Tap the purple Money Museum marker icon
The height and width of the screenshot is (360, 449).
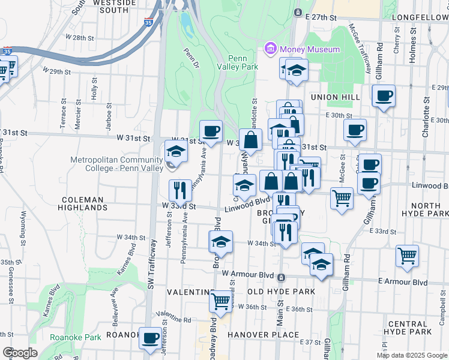click(x=270, y=49)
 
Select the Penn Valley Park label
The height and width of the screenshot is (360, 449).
click(x=243, y=62)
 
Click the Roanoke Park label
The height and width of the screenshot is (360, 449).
click(x=76, y=337)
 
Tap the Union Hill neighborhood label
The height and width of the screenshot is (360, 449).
click(x=335, y=97)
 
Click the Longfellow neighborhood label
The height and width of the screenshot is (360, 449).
click(x=420, y=17)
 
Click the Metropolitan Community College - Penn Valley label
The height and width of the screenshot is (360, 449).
click(x=116, y=164)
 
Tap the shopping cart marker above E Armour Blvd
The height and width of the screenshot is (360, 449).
click(x=407, y=255)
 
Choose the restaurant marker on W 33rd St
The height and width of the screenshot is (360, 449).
click(x=179, y=190)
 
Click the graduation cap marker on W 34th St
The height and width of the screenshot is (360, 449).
click(x=221, y=242)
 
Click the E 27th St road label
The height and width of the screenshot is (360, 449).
click(x=327, y=18)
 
